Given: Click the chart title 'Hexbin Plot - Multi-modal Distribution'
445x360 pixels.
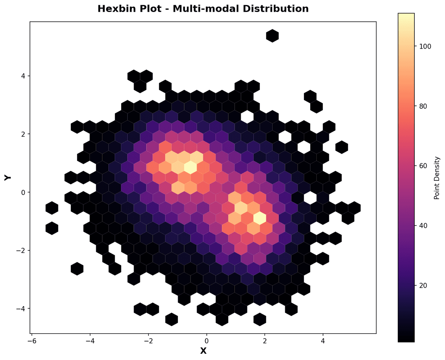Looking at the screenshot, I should (x=203, y=9).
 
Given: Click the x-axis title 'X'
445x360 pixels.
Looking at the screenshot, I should (x=203, y=351).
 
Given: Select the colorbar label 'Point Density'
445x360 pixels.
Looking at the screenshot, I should (x=437, y=178).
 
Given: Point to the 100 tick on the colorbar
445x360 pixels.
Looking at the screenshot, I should (x=423, y=47).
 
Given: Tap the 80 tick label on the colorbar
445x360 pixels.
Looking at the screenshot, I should (x=421, y=106).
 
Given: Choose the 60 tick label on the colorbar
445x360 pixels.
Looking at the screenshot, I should (x=421, y=166).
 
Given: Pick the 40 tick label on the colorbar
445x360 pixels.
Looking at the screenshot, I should (x=421, y=226).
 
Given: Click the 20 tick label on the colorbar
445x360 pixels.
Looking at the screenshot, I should (x=421, y=285).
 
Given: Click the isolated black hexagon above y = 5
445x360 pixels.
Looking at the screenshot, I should (x=272, y=35).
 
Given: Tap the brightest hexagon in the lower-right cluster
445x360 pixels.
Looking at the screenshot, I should (x=260, y=218).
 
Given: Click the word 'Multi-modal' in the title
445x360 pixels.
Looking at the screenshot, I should (x=199, y=9).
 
